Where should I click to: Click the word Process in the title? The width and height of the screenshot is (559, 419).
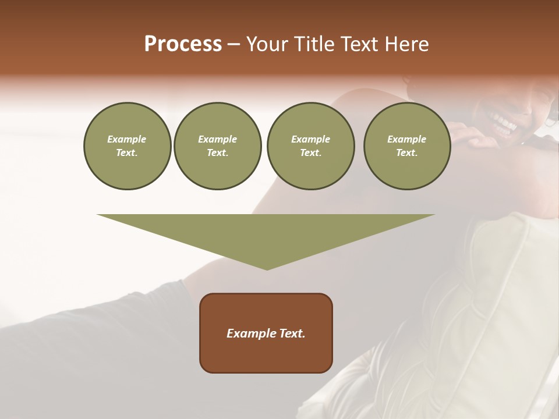183,44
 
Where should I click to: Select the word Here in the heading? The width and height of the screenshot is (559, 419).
405,44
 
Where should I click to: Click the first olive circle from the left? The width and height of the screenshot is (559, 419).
127,146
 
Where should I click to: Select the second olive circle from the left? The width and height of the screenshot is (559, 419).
217,146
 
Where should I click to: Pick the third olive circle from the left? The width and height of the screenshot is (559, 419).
310,146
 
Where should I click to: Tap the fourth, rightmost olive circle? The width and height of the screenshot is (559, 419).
406,146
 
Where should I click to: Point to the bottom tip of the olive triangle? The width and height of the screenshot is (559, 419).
267,269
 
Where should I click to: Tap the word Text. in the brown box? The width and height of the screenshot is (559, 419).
291,333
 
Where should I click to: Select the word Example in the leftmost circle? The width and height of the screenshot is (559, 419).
127,139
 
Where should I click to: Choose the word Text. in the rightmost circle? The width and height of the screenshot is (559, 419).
406,153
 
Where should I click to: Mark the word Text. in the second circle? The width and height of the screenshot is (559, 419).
217,153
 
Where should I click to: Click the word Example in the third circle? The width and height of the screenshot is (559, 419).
310,139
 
